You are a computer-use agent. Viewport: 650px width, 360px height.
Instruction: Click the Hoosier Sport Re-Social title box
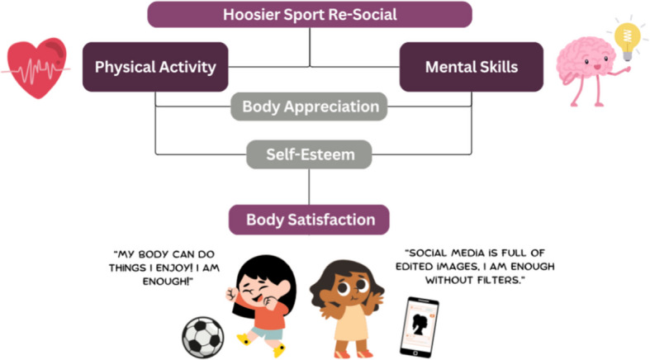click(x=310, y=14)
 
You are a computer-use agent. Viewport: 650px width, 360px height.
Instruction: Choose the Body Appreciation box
click(x=310, y=107)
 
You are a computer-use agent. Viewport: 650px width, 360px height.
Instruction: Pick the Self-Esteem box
click(x=310, y=154)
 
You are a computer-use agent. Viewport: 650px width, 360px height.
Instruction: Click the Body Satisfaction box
click(x=310, y=220)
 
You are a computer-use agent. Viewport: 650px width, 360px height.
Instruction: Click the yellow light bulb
click(x=626, y=37)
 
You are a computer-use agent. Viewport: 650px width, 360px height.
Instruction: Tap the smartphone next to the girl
click(x=419, y=327)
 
